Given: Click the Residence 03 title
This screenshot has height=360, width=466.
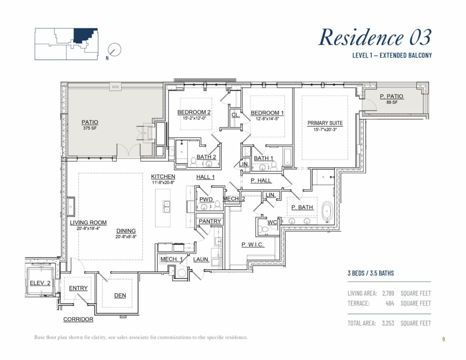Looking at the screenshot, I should pyautogui.click(x=375, y=37).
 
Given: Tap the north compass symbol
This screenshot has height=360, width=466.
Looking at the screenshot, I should pyautogui.click(x=115, y=50).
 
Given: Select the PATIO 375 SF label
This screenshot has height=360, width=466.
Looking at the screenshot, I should pyautogui.click(x=90, y=125).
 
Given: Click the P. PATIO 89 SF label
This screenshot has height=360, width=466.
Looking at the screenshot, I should pyautogui.click(x=391, y=99).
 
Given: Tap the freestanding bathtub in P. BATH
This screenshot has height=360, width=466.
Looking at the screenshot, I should pyautogui.click(x=327, y=212).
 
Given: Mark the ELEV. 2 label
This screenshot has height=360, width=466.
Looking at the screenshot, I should pyautogui.click(x=40, y=283).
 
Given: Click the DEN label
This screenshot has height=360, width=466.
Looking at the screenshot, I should pyautogui.click(x=120, y=295).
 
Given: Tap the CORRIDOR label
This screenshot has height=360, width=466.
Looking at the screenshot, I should pyautogui.click(x=78, y=319).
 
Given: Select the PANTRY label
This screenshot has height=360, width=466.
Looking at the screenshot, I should pyautogui.click(x=210, y=222).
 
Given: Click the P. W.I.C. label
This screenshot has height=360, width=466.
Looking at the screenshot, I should pyautogui.click(x=253, y=244).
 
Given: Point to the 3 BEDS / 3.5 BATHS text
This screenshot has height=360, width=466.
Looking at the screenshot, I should pyautogui.click(x=370, y=274).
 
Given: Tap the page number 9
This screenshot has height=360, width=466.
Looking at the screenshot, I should pyautogui.click(x=443, y=339).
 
